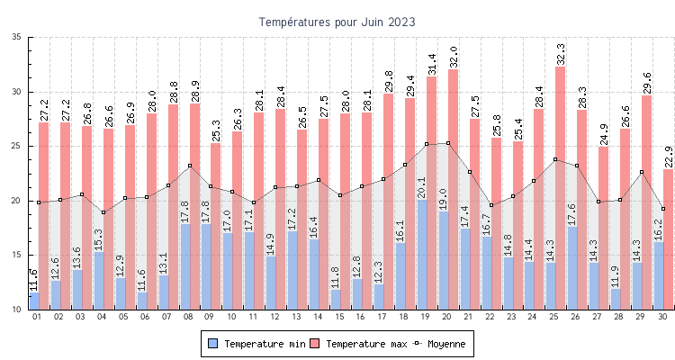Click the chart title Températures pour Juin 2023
[x=337, y=21]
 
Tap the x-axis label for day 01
[x=37, y=317]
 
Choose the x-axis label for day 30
[x=662, y=317]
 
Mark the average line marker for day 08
[x=190, y=166]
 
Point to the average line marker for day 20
[x=448, y=143]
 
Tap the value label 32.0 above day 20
[x=453, y=57]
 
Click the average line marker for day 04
[x=103, y=212]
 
